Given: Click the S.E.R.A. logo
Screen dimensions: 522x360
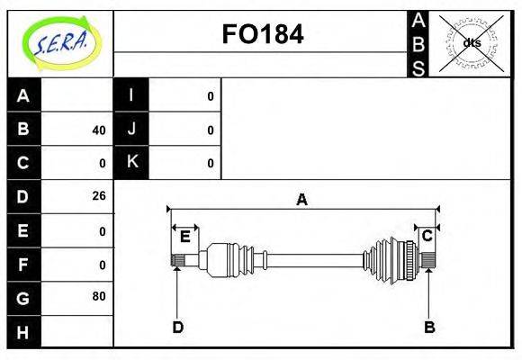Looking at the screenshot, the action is click(x=61, y=43).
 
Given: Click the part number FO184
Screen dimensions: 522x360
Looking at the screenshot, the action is click(x=263, y=34).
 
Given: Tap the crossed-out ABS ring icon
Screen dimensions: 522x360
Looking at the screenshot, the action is click(x=471, y=43).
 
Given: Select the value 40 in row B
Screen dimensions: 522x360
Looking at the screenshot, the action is click(x=99, y=130).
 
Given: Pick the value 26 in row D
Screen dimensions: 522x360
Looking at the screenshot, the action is click(x=99, y=196).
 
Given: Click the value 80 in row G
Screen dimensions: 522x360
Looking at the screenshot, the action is click(x=99, y=296).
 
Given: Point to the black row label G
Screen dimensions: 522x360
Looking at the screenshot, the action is click(x=23, y=298).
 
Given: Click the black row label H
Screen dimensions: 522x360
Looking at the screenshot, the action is click(x=23, y=332).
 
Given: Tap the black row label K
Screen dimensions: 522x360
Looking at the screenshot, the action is click(x=131, y=162).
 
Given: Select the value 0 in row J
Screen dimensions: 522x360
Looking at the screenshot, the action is click(x=210, y=130).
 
